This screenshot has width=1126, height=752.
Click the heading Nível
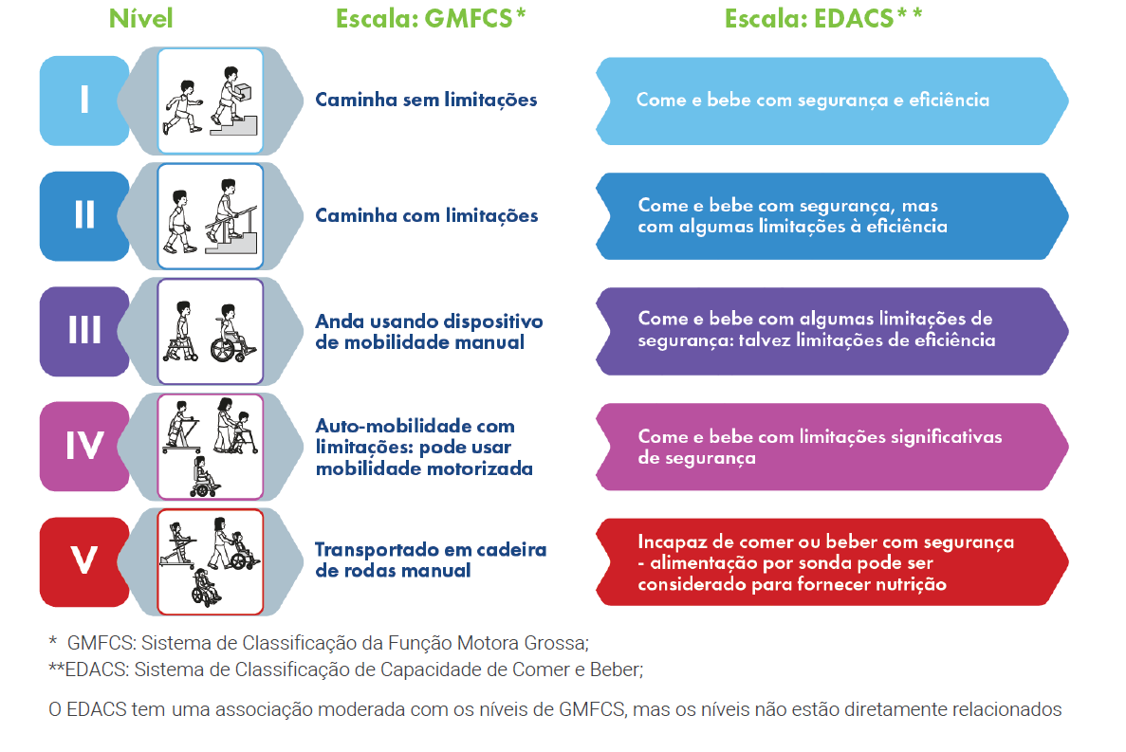[x=140, y=19]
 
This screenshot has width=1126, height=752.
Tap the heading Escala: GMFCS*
[x=431, y=19]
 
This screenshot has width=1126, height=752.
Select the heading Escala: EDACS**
[x=823, y=19]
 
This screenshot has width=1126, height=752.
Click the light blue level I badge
[x=84, y=100]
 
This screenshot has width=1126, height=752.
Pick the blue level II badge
[x=84, y=215]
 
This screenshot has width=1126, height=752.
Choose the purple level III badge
[x=84, y=330]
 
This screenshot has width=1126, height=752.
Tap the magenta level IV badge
[x=84, y=446]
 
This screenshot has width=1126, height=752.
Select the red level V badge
[x=84, y=560]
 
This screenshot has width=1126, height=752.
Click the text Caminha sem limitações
[x=426, y=100]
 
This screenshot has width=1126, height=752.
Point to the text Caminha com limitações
[x=426, y=215]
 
